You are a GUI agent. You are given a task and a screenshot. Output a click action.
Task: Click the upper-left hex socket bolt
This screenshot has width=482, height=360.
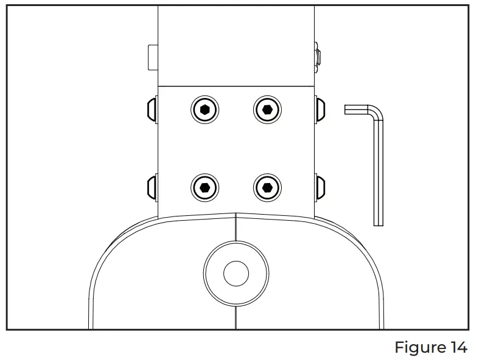coord(205,110)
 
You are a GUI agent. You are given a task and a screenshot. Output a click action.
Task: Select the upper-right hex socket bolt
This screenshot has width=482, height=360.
coord(267,110)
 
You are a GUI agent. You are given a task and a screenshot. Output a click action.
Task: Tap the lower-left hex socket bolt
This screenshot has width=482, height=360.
coord(205,186)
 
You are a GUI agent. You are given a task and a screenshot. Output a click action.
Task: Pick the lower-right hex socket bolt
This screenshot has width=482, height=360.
coord(267,186)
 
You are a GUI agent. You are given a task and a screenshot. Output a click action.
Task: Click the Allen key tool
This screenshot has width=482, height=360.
coord(379,164)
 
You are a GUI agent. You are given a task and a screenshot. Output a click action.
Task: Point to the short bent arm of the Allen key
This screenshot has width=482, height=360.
coord(359,109)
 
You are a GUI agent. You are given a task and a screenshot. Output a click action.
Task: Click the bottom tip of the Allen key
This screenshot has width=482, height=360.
coord(379,223)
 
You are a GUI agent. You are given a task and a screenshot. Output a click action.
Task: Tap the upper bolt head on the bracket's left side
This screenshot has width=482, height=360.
coord(152,110)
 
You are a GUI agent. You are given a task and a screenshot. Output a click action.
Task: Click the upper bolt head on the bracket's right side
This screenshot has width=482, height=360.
coord(320,110)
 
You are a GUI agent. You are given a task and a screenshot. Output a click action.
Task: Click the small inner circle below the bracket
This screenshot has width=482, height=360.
coord(236,274)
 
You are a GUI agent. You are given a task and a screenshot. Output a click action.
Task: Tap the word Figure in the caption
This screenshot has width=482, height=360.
coord(419,348)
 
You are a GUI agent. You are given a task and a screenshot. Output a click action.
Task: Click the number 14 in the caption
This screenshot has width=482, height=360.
coord(457,348)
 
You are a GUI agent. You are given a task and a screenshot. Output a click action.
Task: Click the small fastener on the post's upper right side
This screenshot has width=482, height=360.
coord(318,57)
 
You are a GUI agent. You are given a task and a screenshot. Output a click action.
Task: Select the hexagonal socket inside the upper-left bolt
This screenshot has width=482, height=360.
coord(205,110)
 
